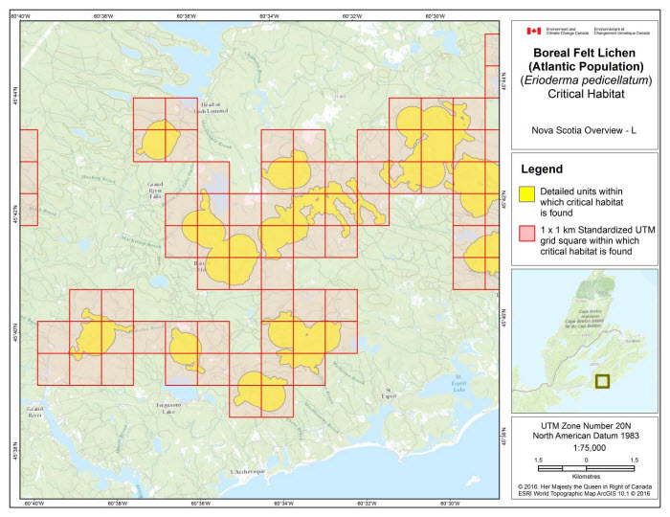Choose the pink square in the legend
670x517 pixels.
(527, 233)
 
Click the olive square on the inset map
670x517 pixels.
(602, 381)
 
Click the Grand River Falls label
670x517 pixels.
(155, 189)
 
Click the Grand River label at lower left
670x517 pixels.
(35, 412)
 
